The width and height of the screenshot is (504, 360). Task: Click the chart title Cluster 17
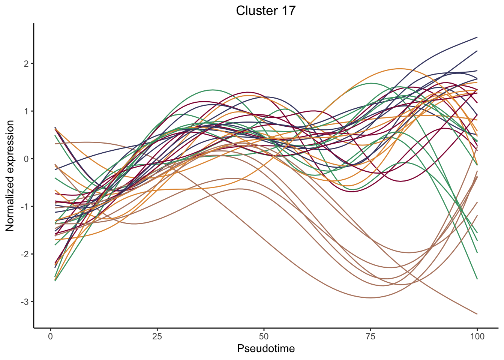pyautogui.click(x=265, y=11)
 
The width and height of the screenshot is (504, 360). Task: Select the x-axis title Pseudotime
pyautogui.click(x=265, y=349)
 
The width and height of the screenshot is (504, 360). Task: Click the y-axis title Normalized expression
pyautogui.click(x=10, y=175)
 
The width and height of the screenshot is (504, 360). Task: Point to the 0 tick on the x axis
pyautogui.click(x=51, y=336)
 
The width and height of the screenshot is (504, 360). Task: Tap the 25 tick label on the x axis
pyautogui.click(x=157, y=336)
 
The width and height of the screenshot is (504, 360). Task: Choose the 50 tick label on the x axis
pyautogui.click(x=264, y=336)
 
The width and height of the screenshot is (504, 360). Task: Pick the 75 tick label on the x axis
pyautogui.click(x=370, y=336)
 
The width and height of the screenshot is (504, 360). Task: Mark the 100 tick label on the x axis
pyautogui.click(x=477, y=336)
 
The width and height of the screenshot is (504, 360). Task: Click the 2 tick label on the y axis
pyautogui.click(x=26, y=64)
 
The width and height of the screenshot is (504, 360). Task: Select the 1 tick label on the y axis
pyautogui.click(x=26, y=111)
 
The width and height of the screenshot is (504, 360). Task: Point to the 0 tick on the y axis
pyautogui.click(x=26, y=159)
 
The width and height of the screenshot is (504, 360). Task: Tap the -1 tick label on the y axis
pyautogui.click(x=25, y=207)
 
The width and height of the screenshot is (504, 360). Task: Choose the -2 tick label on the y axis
pyautogui.click(x=25, y=254)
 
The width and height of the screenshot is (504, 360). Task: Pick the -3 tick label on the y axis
pyautogui.click(x=25, y=302)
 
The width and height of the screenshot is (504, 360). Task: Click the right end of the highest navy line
pyautogui.click(x=477, y=37)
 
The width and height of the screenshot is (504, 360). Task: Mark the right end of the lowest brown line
pyautogui.click(x=477, y=314)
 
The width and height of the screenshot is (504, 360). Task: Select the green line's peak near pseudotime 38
pyautogui.click(x=213, y=90)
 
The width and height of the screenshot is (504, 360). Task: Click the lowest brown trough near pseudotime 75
pyautogui.click(x=370, y=298)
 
